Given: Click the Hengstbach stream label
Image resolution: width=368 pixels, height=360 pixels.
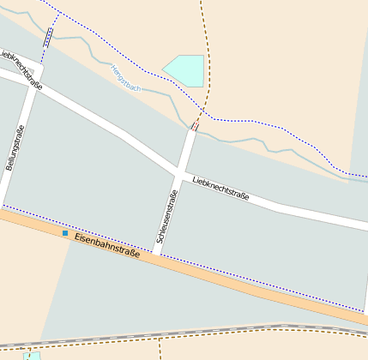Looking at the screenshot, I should point(126,78).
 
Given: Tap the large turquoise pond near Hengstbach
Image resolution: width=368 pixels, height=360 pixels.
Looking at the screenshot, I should point(187,69).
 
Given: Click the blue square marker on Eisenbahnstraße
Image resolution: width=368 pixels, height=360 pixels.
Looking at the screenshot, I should point(64,232).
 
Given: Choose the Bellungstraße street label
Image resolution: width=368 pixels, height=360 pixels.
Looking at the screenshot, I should point(15,148).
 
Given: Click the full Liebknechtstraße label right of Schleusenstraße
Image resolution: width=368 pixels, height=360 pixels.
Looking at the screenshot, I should point(221,188).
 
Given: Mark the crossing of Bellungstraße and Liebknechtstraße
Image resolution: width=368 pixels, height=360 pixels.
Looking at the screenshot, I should point(34,87).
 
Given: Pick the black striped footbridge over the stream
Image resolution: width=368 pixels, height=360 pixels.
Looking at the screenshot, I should point(48,37).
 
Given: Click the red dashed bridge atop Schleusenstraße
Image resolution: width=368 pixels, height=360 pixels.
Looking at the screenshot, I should point(194,128).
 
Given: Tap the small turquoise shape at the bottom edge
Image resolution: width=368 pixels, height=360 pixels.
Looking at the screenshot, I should point(32,355).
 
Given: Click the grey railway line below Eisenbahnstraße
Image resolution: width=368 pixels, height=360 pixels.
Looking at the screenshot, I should point(257,328).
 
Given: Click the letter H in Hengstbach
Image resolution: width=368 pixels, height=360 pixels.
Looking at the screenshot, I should point(113,68).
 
